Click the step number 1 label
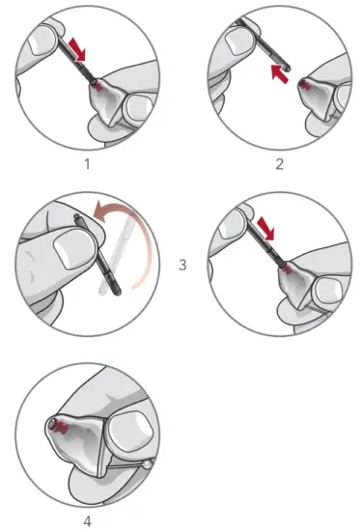pos(86,163)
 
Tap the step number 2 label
pos(280,163)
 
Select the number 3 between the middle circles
pos(183,263)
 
